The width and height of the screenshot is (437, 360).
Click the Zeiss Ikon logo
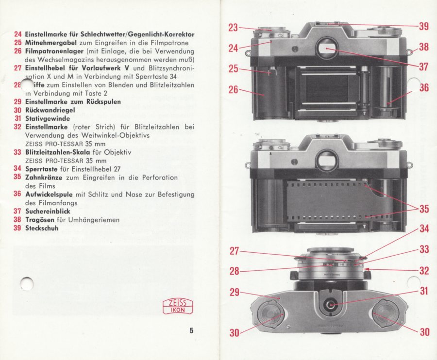[178, 307]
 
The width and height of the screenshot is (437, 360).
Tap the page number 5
[191, 331]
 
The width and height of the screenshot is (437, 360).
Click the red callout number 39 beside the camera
[424, 26]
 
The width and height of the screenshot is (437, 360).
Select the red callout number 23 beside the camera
[233, 28]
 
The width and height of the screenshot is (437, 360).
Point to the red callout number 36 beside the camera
[424, 88]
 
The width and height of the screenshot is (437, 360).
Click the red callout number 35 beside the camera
[424, 209]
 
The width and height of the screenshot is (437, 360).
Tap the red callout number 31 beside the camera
[424, 292]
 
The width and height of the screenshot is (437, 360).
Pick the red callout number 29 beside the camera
[235, 292]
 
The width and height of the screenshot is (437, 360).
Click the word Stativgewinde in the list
[48, 118]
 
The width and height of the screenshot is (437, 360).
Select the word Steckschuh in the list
[42, 228]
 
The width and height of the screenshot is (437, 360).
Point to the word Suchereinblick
[48, 212]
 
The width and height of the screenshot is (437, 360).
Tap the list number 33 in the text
[17, 152]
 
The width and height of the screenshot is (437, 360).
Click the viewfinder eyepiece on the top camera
[326, 49]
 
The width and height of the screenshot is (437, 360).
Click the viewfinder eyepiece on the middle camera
[326, 160]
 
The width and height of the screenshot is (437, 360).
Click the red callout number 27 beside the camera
[235, 251]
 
